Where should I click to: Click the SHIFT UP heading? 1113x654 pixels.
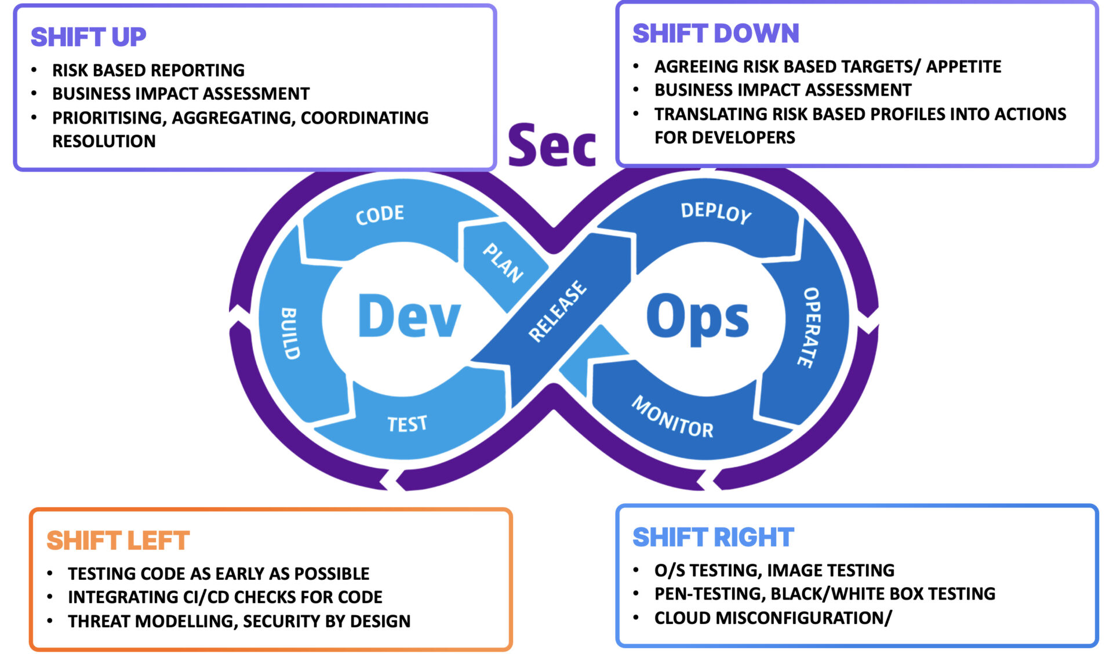(x=88, y=37)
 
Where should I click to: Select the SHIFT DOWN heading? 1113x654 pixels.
(x=715, y=34)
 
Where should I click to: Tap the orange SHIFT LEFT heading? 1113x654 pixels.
(x=118, y=540)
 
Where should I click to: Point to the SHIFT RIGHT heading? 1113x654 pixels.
(x=713, y=537)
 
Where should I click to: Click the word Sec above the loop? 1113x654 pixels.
(x=551, y=146)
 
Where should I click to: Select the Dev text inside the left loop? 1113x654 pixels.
(x=409, y=317)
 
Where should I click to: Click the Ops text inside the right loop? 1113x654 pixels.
(x=697, y=318)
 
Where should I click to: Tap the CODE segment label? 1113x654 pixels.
(x=380, y=215)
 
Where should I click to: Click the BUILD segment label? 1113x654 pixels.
(x=290, y=333)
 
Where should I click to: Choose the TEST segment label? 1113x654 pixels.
(x=407, y=424)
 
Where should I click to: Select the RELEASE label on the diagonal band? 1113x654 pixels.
(x=557, y=311)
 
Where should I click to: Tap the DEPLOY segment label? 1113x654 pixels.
(x=716, y=212)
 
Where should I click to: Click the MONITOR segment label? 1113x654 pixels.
(x=672, y=417)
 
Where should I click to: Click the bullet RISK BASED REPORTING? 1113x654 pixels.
(x=148, y=70)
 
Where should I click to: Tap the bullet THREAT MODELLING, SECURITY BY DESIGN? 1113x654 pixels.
(x=239, y=621)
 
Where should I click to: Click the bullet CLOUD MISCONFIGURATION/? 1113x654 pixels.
(x=773, y=618)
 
